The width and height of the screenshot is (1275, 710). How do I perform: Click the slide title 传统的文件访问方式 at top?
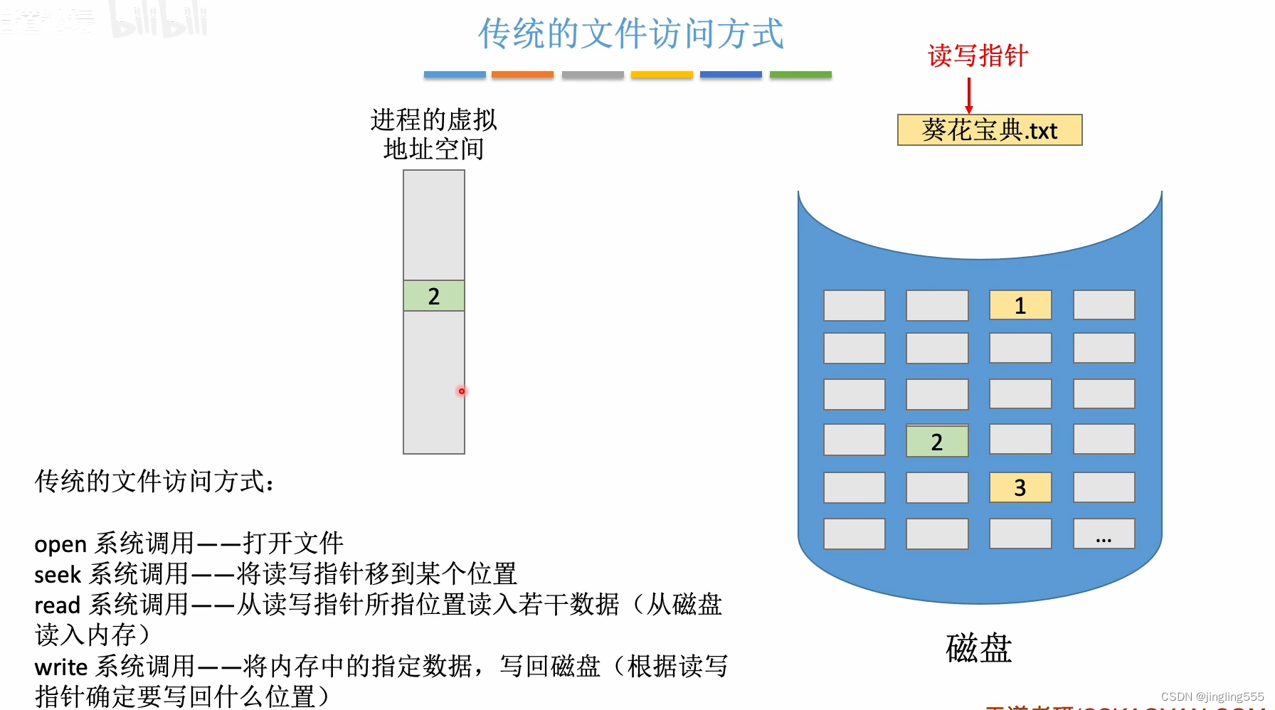click(x=630, y=33)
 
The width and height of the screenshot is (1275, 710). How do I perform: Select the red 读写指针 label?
click(x=978, y=55)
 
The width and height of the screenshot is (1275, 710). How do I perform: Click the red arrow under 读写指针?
click(x=969, y=95)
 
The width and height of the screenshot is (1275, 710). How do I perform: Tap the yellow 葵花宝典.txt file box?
click(x=990, y=130)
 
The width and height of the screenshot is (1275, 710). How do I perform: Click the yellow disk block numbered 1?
click(x=1020, y=305)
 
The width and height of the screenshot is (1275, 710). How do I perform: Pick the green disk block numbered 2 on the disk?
click(x=937, y=442)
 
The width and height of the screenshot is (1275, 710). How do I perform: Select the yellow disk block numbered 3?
click(x=1020, y=487)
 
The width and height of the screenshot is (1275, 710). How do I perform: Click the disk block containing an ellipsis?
click(x=1104, y=534)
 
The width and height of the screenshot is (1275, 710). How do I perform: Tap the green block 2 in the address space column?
click(x=434, y=296)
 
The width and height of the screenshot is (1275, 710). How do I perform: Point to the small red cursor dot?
click(x=462, y=391)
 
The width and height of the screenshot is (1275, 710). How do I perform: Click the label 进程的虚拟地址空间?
click(x=433, y=134)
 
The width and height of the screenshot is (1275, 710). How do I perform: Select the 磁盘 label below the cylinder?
click(x=978, y=648)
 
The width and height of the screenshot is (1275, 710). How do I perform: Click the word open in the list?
click(x=60, y=544)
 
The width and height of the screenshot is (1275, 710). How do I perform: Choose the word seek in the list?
click(x=58, y=575)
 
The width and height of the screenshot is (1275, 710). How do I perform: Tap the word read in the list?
click(x=57, y=605)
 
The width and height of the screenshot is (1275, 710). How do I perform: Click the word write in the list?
click(x=60, y=667)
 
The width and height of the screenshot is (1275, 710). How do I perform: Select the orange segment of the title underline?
click(x=522, y=75)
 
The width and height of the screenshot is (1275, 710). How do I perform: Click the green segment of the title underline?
click(x=800, y=75)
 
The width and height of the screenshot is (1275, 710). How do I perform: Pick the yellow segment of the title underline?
click(x=662, y=75)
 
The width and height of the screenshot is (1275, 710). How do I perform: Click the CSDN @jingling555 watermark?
click(x=1212, y=696)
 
